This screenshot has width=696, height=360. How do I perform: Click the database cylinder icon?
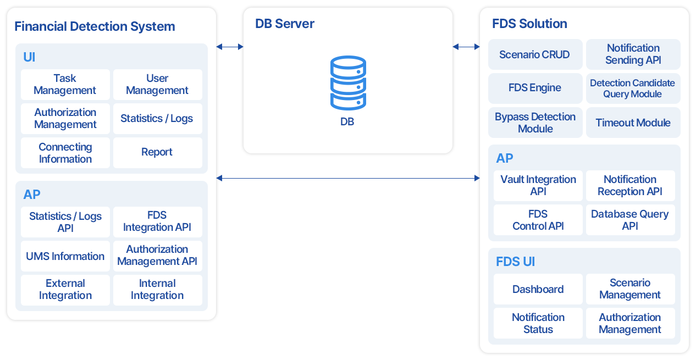click(347, 83)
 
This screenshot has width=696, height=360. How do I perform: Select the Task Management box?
click(65, 84)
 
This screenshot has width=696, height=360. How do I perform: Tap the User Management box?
click(157, 84)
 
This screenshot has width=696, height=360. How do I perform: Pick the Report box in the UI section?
click(157, 152)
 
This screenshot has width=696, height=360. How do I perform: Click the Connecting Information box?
click(65, 153)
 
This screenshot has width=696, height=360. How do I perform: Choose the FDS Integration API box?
click(157, 221)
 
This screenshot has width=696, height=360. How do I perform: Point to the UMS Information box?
click(65, 256)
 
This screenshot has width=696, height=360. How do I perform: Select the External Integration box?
click(65, 290)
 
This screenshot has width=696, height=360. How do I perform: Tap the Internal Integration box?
click(157, 290)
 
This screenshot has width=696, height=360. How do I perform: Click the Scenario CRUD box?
click(534, 54)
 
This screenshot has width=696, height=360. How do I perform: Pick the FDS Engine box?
click(534, 88)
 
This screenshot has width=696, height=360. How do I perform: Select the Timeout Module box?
click(633, 123)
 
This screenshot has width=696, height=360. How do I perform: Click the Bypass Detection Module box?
click(534, 123)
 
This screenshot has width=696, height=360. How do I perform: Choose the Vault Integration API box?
click(538, 185)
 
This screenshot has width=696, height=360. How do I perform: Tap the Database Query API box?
click(630, 220)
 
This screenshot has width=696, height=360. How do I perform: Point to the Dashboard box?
click(538, 289)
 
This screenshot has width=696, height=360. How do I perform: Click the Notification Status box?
click(538, 323)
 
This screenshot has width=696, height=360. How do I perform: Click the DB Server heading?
click(285, 24)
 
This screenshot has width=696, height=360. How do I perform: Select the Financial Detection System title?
click(95, 26)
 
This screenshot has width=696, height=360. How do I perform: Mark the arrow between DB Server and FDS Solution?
click(466, 47)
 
